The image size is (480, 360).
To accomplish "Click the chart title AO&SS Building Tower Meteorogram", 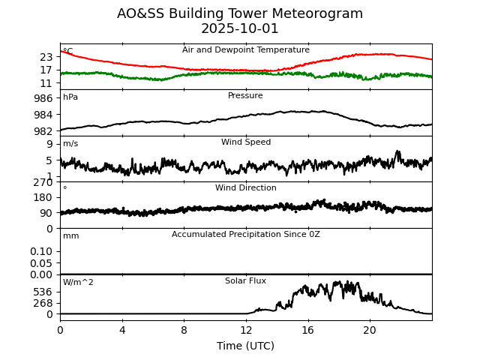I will click(240, 14).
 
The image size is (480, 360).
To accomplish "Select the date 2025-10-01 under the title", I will click(240, 29).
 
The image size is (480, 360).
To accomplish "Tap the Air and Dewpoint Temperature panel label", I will click(246, 50).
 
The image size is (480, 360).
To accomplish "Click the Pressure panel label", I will click(246, 96).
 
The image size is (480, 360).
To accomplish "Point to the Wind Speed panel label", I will click(246, 142).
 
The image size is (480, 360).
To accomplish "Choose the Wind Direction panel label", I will click(246, 188).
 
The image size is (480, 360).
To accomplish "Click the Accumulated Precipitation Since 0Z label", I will click(246, 235).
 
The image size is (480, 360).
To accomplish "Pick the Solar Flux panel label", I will click(246, 281).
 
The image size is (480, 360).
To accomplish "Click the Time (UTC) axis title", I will click(246, 346).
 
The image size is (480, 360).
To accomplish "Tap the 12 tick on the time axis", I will click(246, 330).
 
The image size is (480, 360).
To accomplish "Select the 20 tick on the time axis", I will click(370, 330).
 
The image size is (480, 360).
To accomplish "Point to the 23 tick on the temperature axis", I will click(46, 57).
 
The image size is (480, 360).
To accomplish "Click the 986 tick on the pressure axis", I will click(43, 98).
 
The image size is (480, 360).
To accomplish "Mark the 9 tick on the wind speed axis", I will click(49, 144).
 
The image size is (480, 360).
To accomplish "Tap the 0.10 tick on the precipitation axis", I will click(41, 251).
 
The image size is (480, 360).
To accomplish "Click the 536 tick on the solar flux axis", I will click(43, 292).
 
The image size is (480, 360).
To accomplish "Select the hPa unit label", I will click(70, 97).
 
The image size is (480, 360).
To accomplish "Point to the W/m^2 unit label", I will click(78, 283).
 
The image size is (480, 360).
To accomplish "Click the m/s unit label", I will click(70, 144).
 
